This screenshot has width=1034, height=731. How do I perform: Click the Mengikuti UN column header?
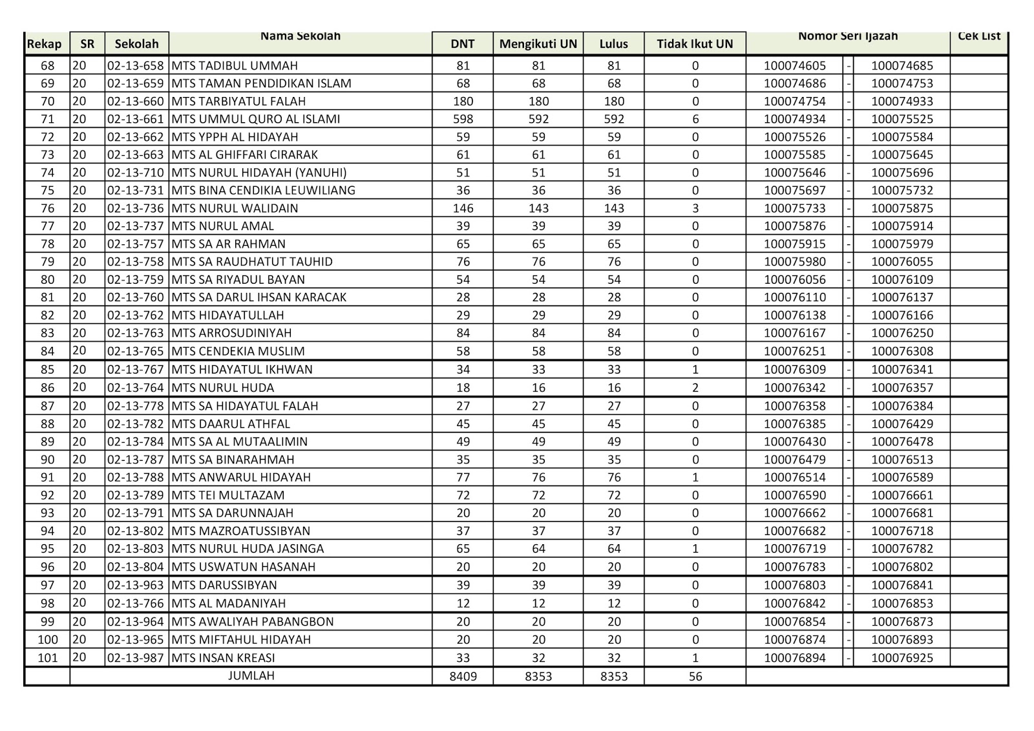[x=538, y=44]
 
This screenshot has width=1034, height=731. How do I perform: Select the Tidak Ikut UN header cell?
[x=695, y=44]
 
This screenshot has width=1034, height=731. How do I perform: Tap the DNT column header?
[x=463, y=44]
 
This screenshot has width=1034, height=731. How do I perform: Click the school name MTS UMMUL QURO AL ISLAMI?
[x=256, y=119]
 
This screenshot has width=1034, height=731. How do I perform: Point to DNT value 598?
[x=463, y=119]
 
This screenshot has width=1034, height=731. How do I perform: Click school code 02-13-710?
[x=136, y=173]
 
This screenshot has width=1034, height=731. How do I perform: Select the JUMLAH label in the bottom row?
[x=251, y=675]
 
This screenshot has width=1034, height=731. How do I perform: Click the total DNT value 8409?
[x=463, y=677]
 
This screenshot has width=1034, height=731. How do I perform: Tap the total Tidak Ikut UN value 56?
[x=695, y=677]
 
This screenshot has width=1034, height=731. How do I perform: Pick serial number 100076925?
[x=902, y=658]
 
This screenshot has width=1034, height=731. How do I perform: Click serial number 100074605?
[x=795, y=65]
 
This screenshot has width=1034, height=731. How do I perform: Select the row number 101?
[x=47, y=658]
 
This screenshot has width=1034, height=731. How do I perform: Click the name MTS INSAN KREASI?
[x=224, y=658]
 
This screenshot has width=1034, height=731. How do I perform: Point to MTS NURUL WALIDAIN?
[x=235, y=208]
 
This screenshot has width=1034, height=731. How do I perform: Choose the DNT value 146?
[x=463, y=208]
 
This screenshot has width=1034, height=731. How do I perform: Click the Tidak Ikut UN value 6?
[x=695, y=119]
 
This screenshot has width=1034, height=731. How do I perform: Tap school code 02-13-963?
[x=136, y=585]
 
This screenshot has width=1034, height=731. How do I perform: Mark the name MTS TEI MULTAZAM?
[x=228, y=495]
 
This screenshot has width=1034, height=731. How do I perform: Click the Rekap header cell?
[x=45, y=44]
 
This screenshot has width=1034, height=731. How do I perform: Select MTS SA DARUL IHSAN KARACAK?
[x=259, y=297]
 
